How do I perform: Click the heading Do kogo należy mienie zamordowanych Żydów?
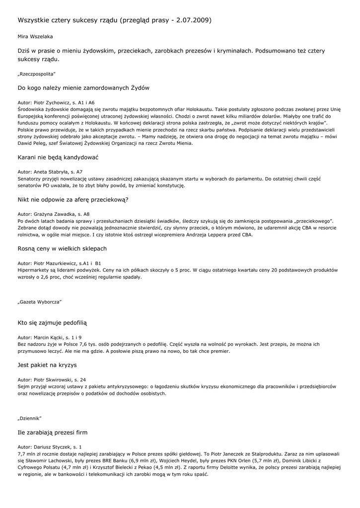point(83,88)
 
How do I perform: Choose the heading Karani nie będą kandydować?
point(58,157)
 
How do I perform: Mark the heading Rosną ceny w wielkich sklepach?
point(62,248)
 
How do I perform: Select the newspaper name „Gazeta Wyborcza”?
point(39,302)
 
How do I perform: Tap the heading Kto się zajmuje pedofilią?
point(52,322)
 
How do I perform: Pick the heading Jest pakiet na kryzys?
point(47,365)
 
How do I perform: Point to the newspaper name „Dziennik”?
point(30,418)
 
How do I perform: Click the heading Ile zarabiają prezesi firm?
point(52,432)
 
